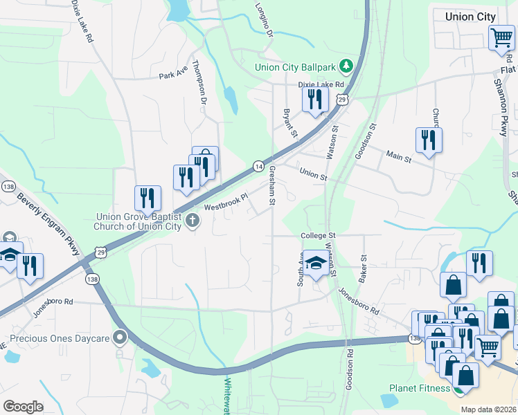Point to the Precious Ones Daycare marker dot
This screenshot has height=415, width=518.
(121, 338)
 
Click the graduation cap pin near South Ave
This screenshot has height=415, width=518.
(316, 264)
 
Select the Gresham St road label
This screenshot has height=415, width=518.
(272, 185)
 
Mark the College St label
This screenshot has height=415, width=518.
(318, 236)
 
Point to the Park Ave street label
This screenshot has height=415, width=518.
(173, 73)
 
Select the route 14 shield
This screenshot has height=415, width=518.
(258, 167)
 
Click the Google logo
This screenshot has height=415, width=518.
(23, 406)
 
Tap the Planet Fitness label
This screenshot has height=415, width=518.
(419, 388)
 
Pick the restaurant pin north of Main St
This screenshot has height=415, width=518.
(429, 140)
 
